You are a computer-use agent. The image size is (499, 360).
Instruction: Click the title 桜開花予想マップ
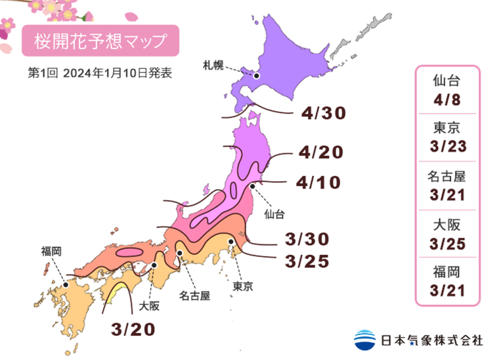point(100,41)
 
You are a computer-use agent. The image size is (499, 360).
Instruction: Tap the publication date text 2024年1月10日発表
point(118,73)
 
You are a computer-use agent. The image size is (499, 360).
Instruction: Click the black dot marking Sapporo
point(257,76)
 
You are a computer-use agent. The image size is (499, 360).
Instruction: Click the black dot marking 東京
point(231,242)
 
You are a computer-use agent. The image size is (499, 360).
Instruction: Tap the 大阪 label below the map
point(150,305)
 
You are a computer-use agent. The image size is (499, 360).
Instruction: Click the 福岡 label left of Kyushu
point(51,250)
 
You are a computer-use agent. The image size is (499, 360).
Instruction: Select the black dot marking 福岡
point(66,285)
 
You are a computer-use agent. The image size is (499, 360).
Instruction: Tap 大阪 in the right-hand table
point(447,224)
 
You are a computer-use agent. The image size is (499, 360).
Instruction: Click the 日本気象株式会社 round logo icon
point(364,340)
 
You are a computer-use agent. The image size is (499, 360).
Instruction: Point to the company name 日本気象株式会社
point(431,340)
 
